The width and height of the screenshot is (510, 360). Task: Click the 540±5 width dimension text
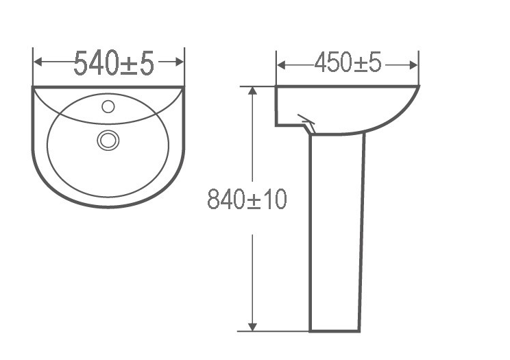tap(114, 63)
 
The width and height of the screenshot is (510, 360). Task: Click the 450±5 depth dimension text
tap(348, 64)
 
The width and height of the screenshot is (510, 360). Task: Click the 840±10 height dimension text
tap(247, 200)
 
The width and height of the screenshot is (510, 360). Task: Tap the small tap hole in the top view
tap(108, 106)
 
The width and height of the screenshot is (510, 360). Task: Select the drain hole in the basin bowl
tap(108, 140)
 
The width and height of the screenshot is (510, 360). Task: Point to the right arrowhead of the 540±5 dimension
tap(180, 62)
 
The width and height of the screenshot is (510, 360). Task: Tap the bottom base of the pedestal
tap(335, 329)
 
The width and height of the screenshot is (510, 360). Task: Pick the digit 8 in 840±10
tap(214, 200)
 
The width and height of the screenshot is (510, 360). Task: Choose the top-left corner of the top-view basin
tap(34, 88)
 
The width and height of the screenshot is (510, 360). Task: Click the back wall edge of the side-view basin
tap(276, 106)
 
